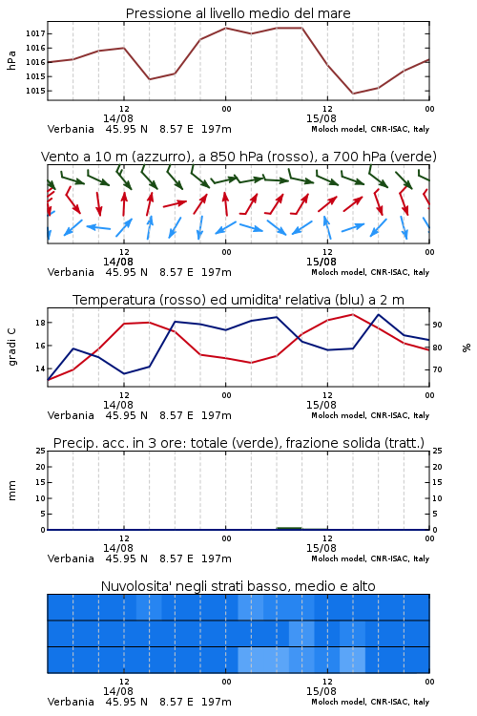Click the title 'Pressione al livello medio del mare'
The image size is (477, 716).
(x=238, y=13)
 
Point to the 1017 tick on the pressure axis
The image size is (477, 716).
(x=34, y=33)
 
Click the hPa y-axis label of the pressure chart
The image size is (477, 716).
(x=11, y=60)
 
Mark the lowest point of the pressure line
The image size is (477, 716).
(x=353, y=94)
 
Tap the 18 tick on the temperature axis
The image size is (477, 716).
(x=40, y=323)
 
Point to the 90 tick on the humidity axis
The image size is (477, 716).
(x=437, y=325)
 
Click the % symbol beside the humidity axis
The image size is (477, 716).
(x=467, y=347)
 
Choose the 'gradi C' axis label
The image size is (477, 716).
(x=11, y=347)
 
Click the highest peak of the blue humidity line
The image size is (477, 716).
(x=379, y=314)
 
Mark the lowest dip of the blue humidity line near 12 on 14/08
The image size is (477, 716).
(x=124, y=373)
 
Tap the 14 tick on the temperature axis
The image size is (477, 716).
(x=40, y=369)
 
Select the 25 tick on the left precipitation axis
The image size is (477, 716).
(x=41, y=451)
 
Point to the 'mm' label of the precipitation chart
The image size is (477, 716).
(x=11, y=491)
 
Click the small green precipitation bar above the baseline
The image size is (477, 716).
(x=289, y=528)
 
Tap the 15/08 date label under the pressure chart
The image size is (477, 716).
(x=321, y=118)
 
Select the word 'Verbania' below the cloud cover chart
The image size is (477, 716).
(x=71, y=702)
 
